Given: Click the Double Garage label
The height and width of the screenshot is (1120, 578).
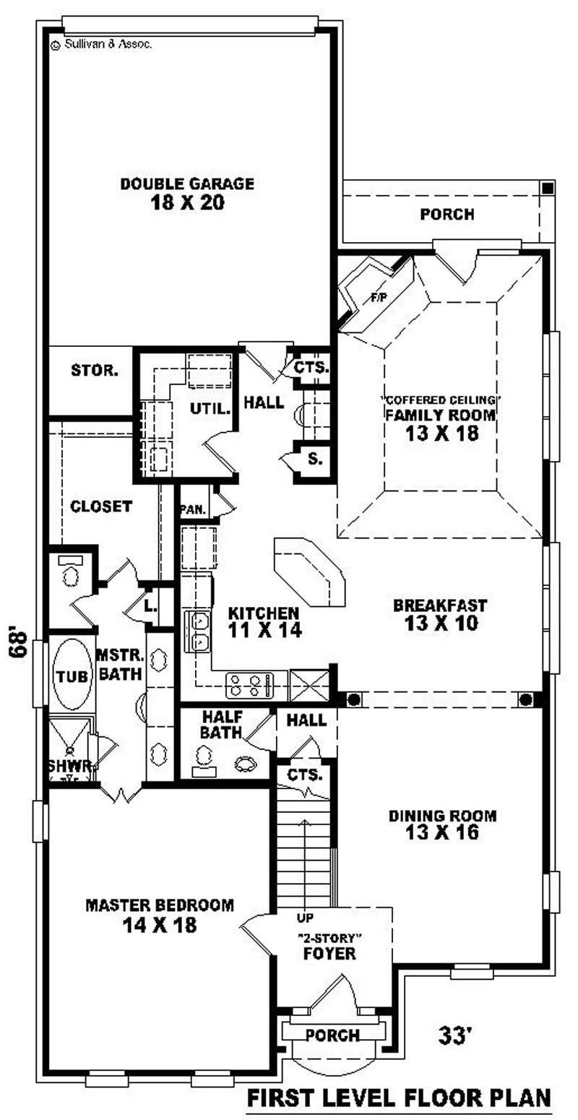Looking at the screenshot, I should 187,194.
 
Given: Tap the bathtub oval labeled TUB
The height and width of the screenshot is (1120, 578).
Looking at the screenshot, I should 72,676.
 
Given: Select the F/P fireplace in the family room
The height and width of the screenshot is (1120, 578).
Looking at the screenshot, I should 377,296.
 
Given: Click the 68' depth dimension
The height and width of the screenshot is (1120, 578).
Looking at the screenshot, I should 20,645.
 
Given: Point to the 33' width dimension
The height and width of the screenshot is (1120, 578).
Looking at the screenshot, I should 455,1036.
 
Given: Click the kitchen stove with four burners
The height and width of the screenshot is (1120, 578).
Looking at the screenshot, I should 249,685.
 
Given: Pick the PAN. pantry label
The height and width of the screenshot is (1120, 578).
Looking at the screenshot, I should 194,509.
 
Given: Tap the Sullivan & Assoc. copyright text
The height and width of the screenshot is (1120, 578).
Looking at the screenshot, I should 101,43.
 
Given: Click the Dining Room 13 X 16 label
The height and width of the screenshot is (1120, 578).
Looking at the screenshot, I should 443,824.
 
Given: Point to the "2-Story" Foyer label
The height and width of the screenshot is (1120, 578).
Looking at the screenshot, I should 329,946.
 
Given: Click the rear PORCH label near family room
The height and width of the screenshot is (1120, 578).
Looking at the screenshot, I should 447,215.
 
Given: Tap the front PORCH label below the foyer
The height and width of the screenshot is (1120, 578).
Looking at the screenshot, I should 332,1035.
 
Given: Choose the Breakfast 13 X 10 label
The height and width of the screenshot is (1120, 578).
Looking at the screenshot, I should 440,614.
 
